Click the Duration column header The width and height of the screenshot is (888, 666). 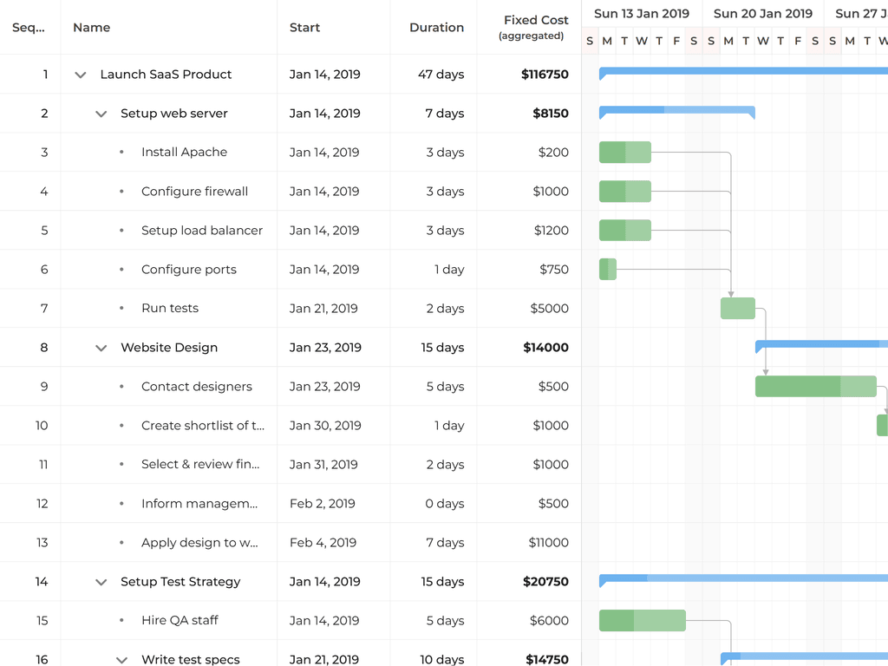pyautogui.click(x=436, y=28)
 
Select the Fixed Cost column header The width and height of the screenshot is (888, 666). pyautogui.click(x=535, y=27)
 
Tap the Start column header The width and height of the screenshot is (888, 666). pyautogui.click(x=305, y=28)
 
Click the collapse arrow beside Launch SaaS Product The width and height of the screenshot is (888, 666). pyautogui.click(x=81, y=75)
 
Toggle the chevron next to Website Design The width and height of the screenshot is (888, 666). pyautogui.click(x=101, y=348)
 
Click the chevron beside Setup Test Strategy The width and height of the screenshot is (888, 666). pyautogui.click(x=101, y=582)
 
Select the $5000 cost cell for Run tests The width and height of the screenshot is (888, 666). pyautogui.click(x=549, y=308)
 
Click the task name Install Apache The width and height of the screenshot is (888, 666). pyautogui.click(x=184, y=152)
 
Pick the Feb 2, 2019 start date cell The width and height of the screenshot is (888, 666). pyautogui.click(x=322, y=503)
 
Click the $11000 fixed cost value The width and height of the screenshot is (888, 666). pyautogui.click(x=548, y=542)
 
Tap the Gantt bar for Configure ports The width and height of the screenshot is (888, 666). pyautogui.click(x=608, y=269)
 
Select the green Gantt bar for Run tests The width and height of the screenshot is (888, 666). pyautogui.click(x=738, y=308)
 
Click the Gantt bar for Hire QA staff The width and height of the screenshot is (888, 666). pyautogui.click(x=643, y=620)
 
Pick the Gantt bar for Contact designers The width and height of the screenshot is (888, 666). pyautogui.click(x=815, y=386)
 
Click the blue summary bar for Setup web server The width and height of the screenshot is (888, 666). pyautogui.click(x=676, y=110)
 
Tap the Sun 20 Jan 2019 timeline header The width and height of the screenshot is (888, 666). pyautogui.click(x=763, y=13)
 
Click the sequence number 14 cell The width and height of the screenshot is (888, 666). pyautogui.click(x=42, y=581)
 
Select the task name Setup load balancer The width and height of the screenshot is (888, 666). pyautogui.click(x=202, y=230)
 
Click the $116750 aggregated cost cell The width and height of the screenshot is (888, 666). pyautogui.click(x=545, y=75)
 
